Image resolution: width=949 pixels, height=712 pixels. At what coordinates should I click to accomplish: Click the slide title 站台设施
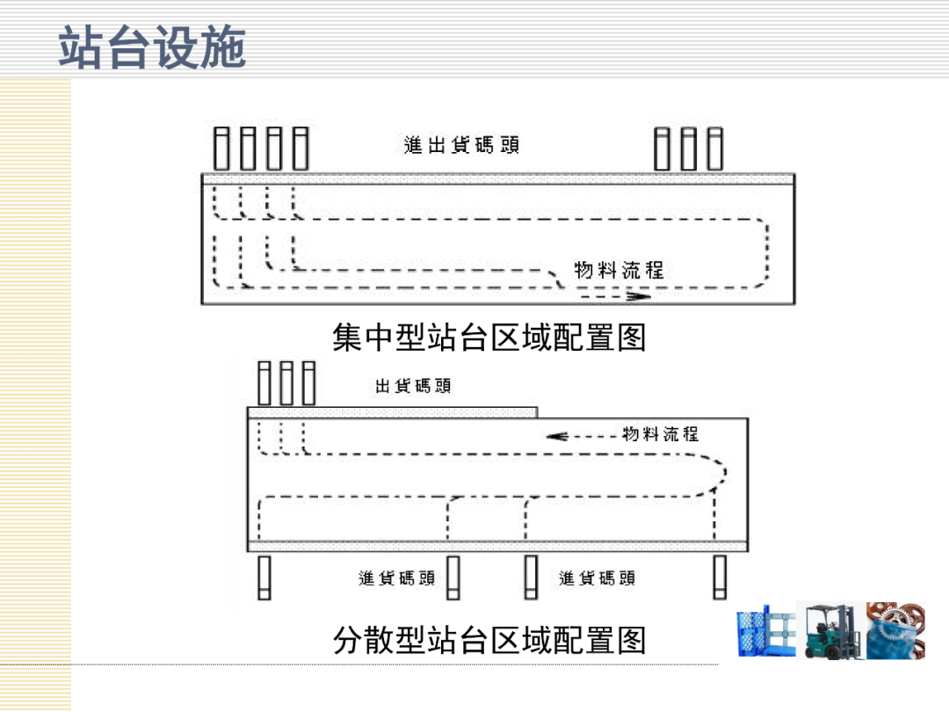coord(152,47)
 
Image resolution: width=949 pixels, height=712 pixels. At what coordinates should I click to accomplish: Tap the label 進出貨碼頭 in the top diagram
coord(461,145)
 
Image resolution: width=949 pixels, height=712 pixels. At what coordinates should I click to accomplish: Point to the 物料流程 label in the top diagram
coord(619,270)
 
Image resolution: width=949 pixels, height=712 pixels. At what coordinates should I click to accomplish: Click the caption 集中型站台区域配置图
coord(489,337)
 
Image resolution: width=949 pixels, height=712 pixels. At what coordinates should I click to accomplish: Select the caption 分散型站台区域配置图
coord(489,640)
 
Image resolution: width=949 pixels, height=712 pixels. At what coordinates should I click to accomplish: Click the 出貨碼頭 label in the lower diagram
coord(413,386)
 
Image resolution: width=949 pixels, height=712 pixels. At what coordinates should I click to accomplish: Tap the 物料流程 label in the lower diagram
coord(661,433)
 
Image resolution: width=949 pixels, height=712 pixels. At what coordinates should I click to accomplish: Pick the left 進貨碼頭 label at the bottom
coord(397,578)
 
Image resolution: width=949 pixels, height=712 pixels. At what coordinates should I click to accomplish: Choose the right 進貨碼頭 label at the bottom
coord(598,578)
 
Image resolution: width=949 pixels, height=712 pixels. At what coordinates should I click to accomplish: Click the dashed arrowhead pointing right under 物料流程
coord(641,297)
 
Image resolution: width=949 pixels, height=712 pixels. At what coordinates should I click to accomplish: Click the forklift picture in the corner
coord(830,629)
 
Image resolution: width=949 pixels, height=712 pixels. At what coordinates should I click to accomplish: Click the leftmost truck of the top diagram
coord(222,149)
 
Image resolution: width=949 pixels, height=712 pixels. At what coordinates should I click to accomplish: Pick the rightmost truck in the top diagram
coord(715,149)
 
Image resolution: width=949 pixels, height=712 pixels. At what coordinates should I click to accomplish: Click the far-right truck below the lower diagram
coord(721,578)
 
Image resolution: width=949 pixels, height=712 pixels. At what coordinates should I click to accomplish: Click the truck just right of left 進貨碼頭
coord(453,578)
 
